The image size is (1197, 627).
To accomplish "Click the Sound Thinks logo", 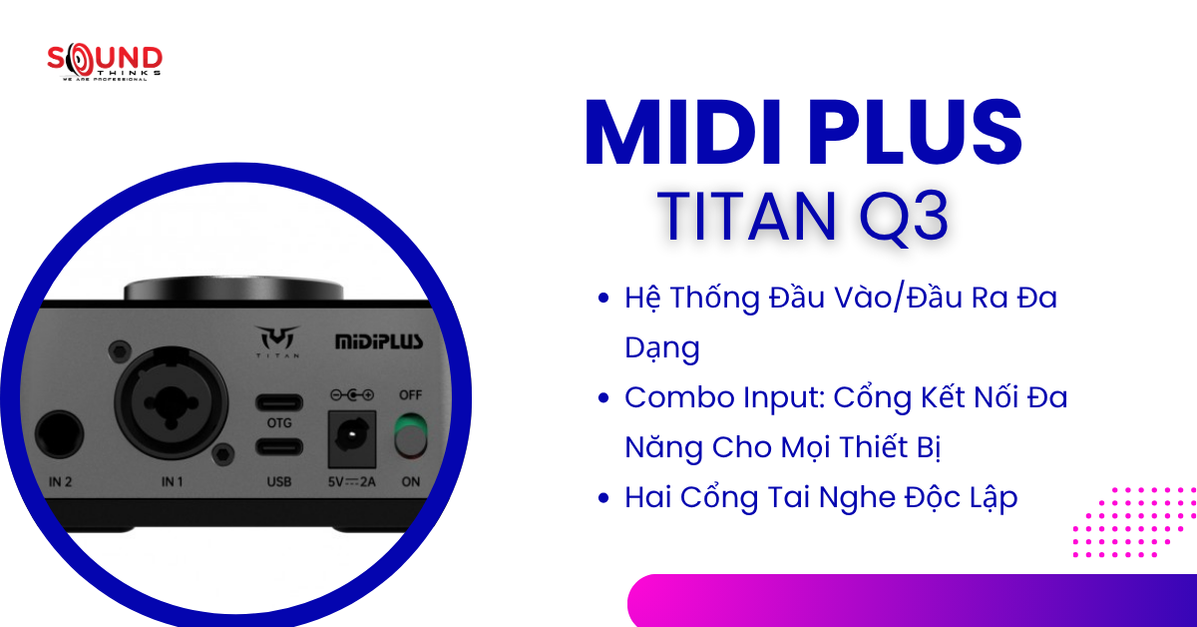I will pyautogui.click(x=105, y=62).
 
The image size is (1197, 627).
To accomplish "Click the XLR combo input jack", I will pyautogui.click(x=165, y=406).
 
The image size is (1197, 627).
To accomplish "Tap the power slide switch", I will pyautogui.click(x=410, y=437).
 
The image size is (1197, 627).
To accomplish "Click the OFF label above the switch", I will pyautogui.click(x=410, y=394).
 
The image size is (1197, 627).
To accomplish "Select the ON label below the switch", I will pyautogui.click(x=410, y=482).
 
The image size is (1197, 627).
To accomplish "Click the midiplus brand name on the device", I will pyautogui.click(x=378, y=341).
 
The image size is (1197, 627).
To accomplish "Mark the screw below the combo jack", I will pyautogui.click(x=223, y=452).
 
